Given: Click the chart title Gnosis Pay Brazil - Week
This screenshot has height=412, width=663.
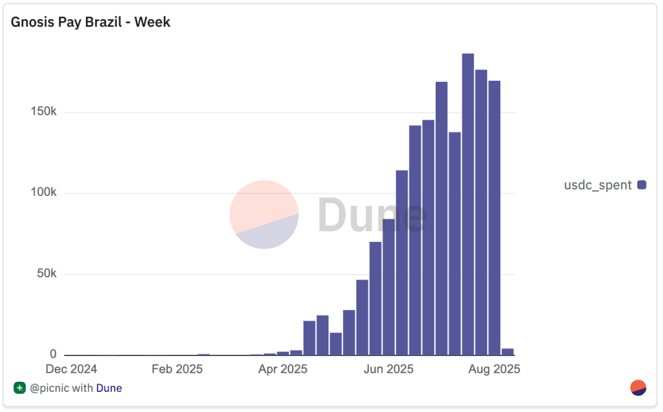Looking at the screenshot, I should (90, 22).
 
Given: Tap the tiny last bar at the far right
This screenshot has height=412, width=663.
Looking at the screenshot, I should (507, 352).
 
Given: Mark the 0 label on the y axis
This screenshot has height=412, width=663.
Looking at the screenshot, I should (53, 354).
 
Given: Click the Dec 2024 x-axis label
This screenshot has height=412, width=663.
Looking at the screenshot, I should (71, 369).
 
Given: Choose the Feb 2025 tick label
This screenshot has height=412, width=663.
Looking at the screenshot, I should (177, 369).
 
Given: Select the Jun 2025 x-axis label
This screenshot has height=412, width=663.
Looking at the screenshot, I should (388, 369).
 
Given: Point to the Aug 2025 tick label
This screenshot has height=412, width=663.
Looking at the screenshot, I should (494, 369).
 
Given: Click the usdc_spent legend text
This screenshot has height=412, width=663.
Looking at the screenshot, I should (598, 185).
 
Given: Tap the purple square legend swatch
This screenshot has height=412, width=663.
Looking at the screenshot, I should (642, 185).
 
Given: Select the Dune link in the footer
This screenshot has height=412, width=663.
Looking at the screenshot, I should (109, 388).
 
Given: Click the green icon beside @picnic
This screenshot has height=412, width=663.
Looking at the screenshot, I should (20, 388).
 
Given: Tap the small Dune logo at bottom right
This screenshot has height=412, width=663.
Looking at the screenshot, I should (638, 388).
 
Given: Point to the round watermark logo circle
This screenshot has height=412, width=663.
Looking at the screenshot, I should (264, 214).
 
